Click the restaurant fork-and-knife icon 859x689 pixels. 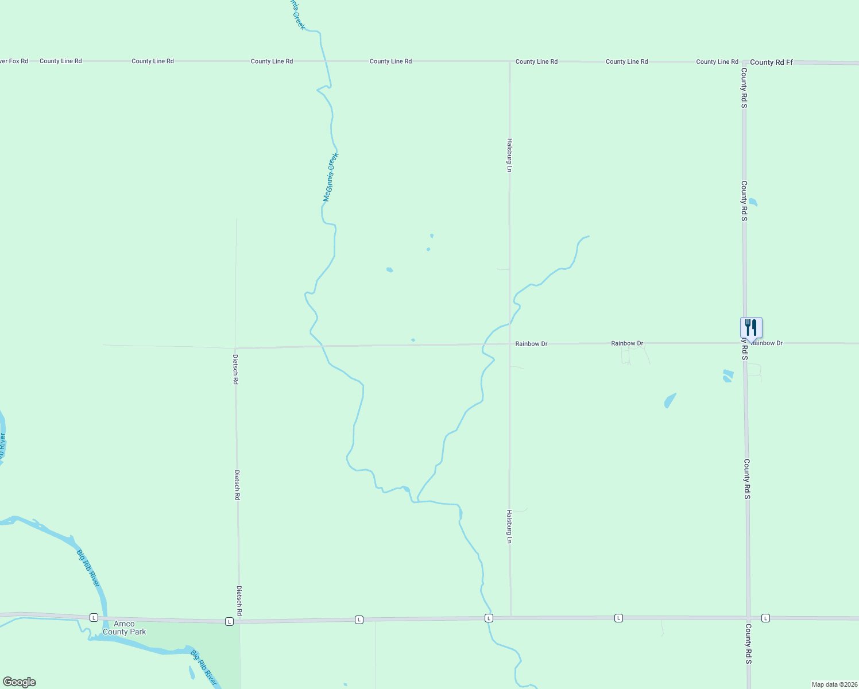click(x=751, y=328)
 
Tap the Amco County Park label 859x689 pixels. click(x=124, y=628)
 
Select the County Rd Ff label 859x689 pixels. click(x=771, y=62)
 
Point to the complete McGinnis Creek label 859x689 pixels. click(x=331, y=177)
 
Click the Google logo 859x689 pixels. click(x=20, y=682)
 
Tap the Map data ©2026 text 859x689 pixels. click(x=834, y=684)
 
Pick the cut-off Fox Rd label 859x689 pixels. click(x=14, y=61)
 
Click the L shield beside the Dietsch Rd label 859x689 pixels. click(x=229, y=621)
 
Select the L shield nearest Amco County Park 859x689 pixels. click(x=94, y=617)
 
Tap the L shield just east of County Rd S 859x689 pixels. click(x=765, y=618)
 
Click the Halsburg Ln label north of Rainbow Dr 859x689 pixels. click(x=509, y=155)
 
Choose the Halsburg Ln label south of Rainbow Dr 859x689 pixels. click(x=509, y=526)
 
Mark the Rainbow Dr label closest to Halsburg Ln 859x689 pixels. click(x=531, y=344)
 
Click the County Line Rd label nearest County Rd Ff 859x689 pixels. click(x=717, y=61)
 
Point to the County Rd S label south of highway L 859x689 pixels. click(x=748, y=644)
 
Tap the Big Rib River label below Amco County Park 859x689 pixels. click(x=204, y=667)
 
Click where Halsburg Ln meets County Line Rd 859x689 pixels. click(x=510, y=61)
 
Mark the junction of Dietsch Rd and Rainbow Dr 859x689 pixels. click(x=235, y=348)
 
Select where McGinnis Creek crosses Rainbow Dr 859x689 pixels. click(x=322, y=346)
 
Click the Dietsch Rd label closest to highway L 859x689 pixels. click(x=239, y=601)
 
